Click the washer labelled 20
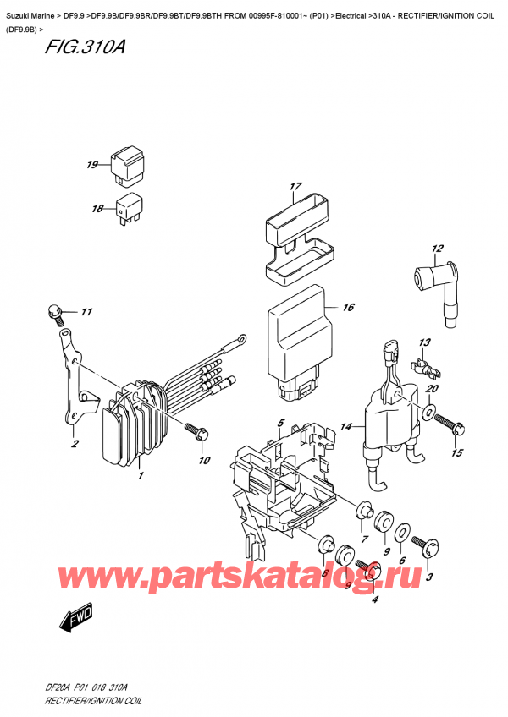click(430, 414)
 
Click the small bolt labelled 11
click(57, 315)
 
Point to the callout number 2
click(75, 445)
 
